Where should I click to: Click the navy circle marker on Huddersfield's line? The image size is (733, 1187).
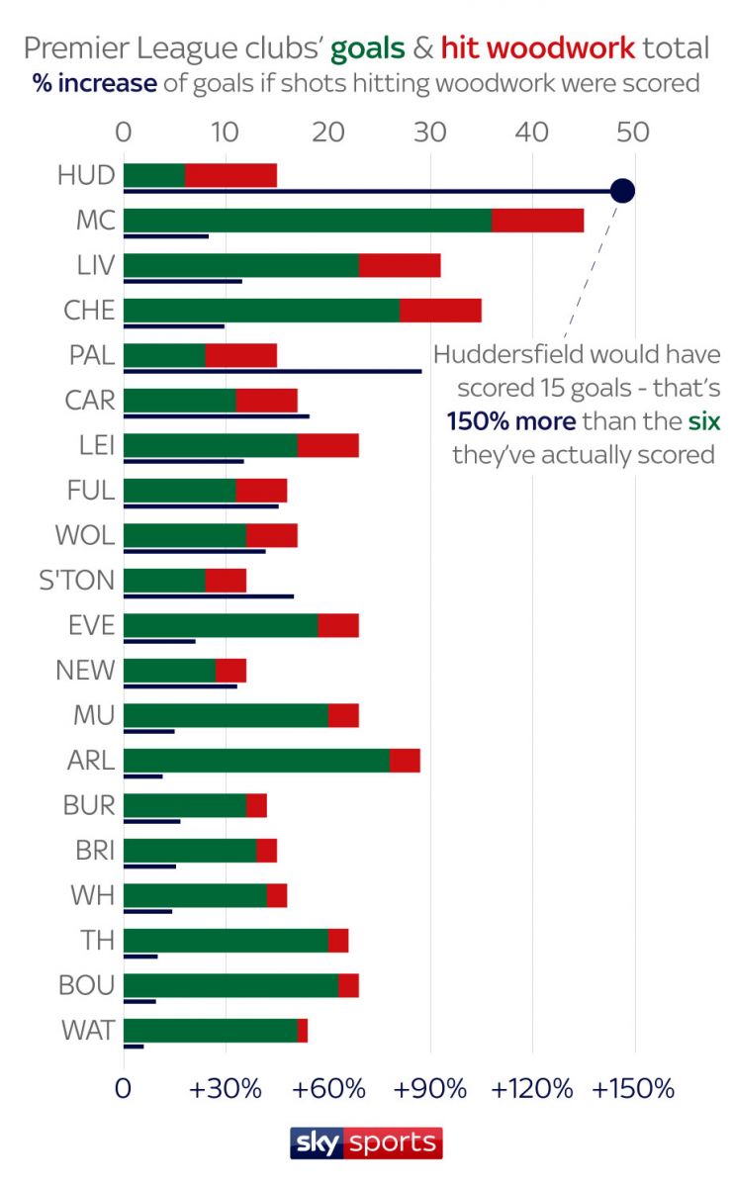(x=621, y=191)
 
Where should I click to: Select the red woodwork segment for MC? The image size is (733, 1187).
(x=537, y=220)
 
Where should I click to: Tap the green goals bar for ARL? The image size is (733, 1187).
(x=256, y=760)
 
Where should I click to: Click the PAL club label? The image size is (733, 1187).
(x=88, y=355)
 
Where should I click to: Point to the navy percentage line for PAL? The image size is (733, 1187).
(x=272, y=372)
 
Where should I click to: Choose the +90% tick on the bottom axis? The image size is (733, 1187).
(x=429, y=1089)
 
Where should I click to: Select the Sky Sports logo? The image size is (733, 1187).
(x=366, y=1143)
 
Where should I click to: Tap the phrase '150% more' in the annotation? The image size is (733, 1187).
(x=510, y=422)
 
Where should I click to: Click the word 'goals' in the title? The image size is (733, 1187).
(x=368, y=47)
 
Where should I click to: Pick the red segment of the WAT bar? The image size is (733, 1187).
(x=303, y=1030)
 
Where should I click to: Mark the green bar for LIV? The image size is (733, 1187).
(x=240, y=265)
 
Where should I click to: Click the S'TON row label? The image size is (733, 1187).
(x=77, y=580)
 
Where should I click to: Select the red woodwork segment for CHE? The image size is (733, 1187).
(x=440, y=310)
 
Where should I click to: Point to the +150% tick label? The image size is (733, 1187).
(x=633, y=1089)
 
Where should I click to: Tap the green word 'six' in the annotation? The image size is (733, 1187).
(x=704, y=422)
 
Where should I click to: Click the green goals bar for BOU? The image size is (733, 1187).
(x=230, y=985)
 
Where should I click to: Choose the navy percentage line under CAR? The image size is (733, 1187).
(x=216, y=416)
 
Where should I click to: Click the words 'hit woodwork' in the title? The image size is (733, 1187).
(x=537, y=47)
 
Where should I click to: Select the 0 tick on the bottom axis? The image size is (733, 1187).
(x=124, y=1089)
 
